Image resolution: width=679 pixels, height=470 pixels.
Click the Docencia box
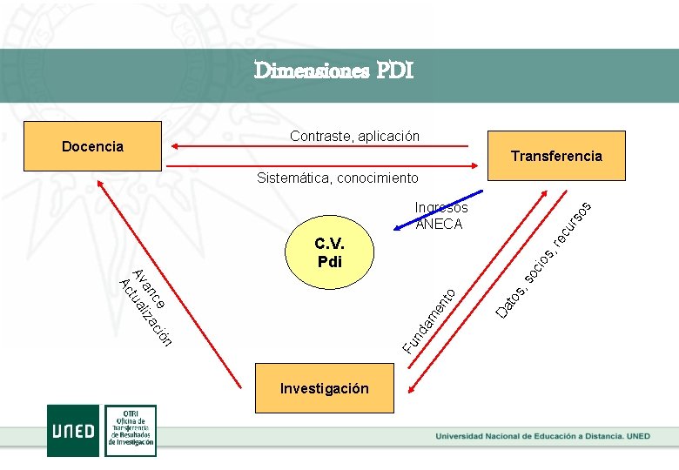[x=92, y=146]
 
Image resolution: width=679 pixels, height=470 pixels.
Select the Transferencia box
[x=556, y=156]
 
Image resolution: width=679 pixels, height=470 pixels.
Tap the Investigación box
[x=324, y=388]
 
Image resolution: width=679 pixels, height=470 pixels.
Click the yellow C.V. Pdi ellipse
[x=329, y=252]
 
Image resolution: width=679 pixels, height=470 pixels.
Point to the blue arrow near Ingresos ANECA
[x=440, y=211]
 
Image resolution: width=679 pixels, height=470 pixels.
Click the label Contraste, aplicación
[x=354, y=136]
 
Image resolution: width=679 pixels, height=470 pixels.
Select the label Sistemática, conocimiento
[x=337, y=178]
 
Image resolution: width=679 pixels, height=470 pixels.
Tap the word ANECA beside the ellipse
[x=440, y=224]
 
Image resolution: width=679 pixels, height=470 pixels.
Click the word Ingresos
[x=441, y=207]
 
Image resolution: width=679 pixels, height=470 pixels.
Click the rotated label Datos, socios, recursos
[x=544, y=258]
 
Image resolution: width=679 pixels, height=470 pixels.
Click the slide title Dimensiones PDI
[x=333, y=70]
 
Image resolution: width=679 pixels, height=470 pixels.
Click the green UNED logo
[x=73, y=429]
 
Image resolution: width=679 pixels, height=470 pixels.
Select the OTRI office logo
[x=131, y=429]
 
